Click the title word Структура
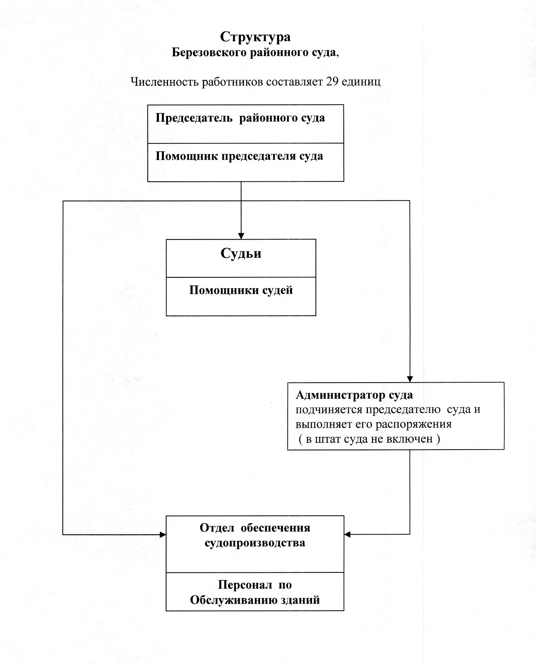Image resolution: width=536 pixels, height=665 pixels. tap(255, 37)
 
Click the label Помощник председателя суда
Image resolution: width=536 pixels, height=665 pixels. tap(239, 156)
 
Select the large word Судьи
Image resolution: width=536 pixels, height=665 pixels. tap(241, 253)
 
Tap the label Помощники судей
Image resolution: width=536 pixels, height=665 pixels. tap(241, 290)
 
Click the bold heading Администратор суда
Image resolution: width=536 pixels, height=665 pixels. tap(354, 395)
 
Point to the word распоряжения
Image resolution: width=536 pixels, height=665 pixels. tap(413, 424)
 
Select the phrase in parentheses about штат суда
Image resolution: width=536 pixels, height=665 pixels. tap(369, 439)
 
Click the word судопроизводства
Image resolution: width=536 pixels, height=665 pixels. tap(255, 543)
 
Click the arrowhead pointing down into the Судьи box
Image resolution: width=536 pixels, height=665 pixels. tap(241, 236)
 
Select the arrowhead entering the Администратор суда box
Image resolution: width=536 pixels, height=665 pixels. tap(410, 379)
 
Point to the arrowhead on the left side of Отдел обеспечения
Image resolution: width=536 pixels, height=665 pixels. tap(163, 535)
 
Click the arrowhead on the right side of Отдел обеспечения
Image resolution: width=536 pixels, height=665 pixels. tap(347, 535)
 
